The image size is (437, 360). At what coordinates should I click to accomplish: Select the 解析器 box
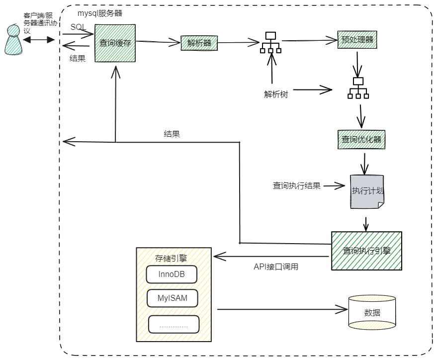point(199,43)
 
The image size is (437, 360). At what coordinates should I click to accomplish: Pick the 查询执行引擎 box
point(366,251)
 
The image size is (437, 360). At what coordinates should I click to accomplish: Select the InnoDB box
point(172,274)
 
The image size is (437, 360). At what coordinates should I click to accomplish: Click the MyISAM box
point(172,298)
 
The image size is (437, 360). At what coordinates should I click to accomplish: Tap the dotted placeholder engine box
point(174,324)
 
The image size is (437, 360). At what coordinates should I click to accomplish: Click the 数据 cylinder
point(372,312)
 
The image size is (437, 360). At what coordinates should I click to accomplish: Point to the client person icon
point(13,40)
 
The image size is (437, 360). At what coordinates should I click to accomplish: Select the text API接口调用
point(276,267)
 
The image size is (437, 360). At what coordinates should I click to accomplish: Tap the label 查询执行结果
point(296,186)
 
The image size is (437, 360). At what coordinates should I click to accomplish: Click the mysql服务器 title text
point(99,13)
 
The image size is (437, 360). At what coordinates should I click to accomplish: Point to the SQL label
point(79,27)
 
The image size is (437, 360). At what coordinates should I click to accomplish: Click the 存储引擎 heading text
point(171,258)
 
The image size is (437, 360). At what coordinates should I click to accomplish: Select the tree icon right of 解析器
point(270,43)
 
